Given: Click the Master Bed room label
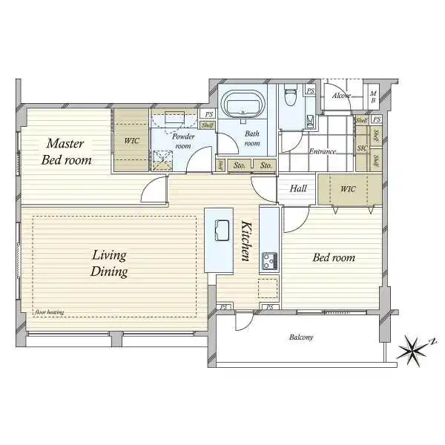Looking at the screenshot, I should (x=66, y=151).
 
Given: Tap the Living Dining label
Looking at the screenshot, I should (x=110, y=263).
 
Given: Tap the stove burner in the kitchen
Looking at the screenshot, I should (x=268, y=261).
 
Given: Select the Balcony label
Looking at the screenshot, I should (x=300, y=338).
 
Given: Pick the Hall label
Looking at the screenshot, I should (x=298, y=189).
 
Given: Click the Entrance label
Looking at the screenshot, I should (x=323, y=151).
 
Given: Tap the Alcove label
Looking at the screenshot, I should (x=342, y=96).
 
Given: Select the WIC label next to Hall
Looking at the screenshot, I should (x=349, y=189).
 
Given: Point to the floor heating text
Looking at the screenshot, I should (x=49, y=312).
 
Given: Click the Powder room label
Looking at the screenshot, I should (x=183, y=141).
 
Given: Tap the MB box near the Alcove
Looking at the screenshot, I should (x=374, y=96).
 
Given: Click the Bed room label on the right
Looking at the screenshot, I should (x=333, y=258).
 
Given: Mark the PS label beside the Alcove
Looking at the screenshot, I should (x=310, y=91).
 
